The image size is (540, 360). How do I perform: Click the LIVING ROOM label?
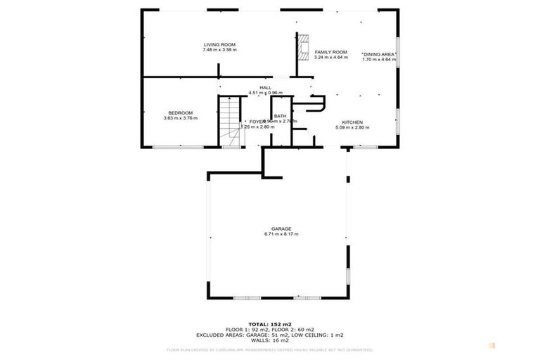(219, 44)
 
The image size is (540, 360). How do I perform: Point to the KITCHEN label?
(352, 122)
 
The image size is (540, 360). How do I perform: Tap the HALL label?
(266, 87)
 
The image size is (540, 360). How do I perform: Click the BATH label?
(280, 116)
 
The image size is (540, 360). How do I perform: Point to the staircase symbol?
(229, 122)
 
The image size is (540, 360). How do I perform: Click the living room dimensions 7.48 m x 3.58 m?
(219, 50)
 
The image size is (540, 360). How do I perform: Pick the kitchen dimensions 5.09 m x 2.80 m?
(352, 127)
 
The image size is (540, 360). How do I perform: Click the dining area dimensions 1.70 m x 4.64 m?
(380, 60)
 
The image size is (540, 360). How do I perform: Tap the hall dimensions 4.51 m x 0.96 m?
(265, 93)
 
